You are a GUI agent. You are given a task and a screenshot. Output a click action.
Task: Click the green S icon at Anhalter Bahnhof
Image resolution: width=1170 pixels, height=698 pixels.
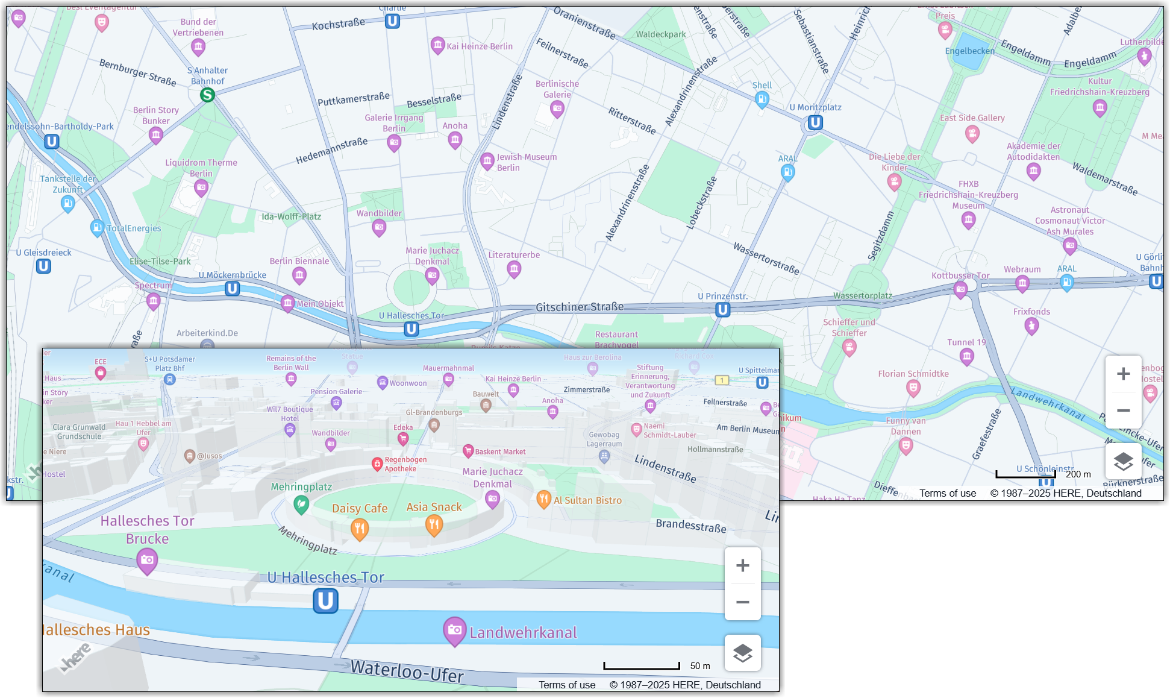(207, 95)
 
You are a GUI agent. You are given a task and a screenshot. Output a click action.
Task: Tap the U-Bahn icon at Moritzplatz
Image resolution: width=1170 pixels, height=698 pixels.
(815, 123)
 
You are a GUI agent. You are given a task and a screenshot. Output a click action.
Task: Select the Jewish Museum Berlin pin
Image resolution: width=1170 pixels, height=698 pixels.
(487, 161)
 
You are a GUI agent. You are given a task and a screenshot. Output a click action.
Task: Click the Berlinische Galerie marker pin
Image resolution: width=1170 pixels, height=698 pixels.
(557, 109)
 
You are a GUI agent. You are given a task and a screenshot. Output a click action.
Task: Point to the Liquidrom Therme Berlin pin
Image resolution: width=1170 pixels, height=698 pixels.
(201, 187)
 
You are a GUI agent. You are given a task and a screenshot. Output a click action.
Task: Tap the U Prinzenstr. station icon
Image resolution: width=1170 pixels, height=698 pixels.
(723, 310)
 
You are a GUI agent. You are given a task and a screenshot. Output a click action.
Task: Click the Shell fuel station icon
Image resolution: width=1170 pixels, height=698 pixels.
(762, 99)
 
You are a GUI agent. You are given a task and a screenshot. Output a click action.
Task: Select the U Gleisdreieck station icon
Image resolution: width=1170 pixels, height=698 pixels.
(43, 266)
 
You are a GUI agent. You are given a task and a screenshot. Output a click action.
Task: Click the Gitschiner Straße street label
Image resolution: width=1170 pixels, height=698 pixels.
(580, 307)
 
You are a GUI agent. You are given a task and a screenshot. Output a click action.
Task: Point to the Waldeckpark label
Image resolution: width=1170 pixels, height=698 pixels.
(661, 34)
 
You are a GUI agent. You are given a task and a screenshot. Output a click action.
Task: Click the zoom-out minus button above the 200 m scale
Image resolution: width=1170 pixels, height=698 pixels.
(1123, 410)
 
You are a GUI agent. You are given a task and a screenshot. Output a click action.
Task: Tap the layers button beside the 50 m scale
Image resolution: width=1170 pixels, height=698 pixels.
(742, 653)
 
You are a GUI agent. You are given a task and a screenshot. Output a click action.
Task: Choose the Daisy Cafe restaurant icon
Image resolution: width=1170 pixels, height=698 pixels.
(360, 529)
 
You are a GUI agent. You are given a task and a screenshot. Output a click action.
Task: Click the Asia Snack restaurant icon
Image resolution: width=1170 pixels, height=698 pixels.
(434, 524)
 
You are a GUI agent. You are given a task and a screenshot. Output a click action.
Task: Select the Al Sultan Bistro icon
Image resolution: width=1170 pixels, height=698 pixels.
(544, 498)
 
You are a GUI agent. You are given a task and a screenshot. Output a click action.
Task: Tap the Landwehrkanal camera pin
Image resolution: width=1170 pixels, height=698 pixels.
(455, 630)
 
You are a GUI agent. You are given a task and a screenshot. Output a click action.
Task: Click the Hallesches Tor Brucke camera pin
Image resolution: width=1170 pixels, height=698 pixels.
(148, 561)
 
